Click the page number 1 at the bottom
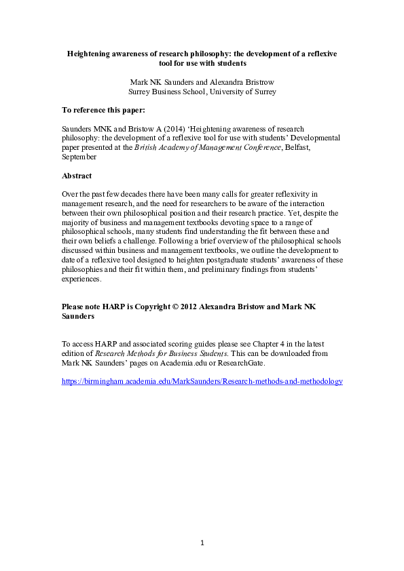[x=202, y=542]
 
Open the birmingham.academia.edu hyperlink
[x=202, y=382]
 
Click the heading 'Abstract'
[x=77, y=175]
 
